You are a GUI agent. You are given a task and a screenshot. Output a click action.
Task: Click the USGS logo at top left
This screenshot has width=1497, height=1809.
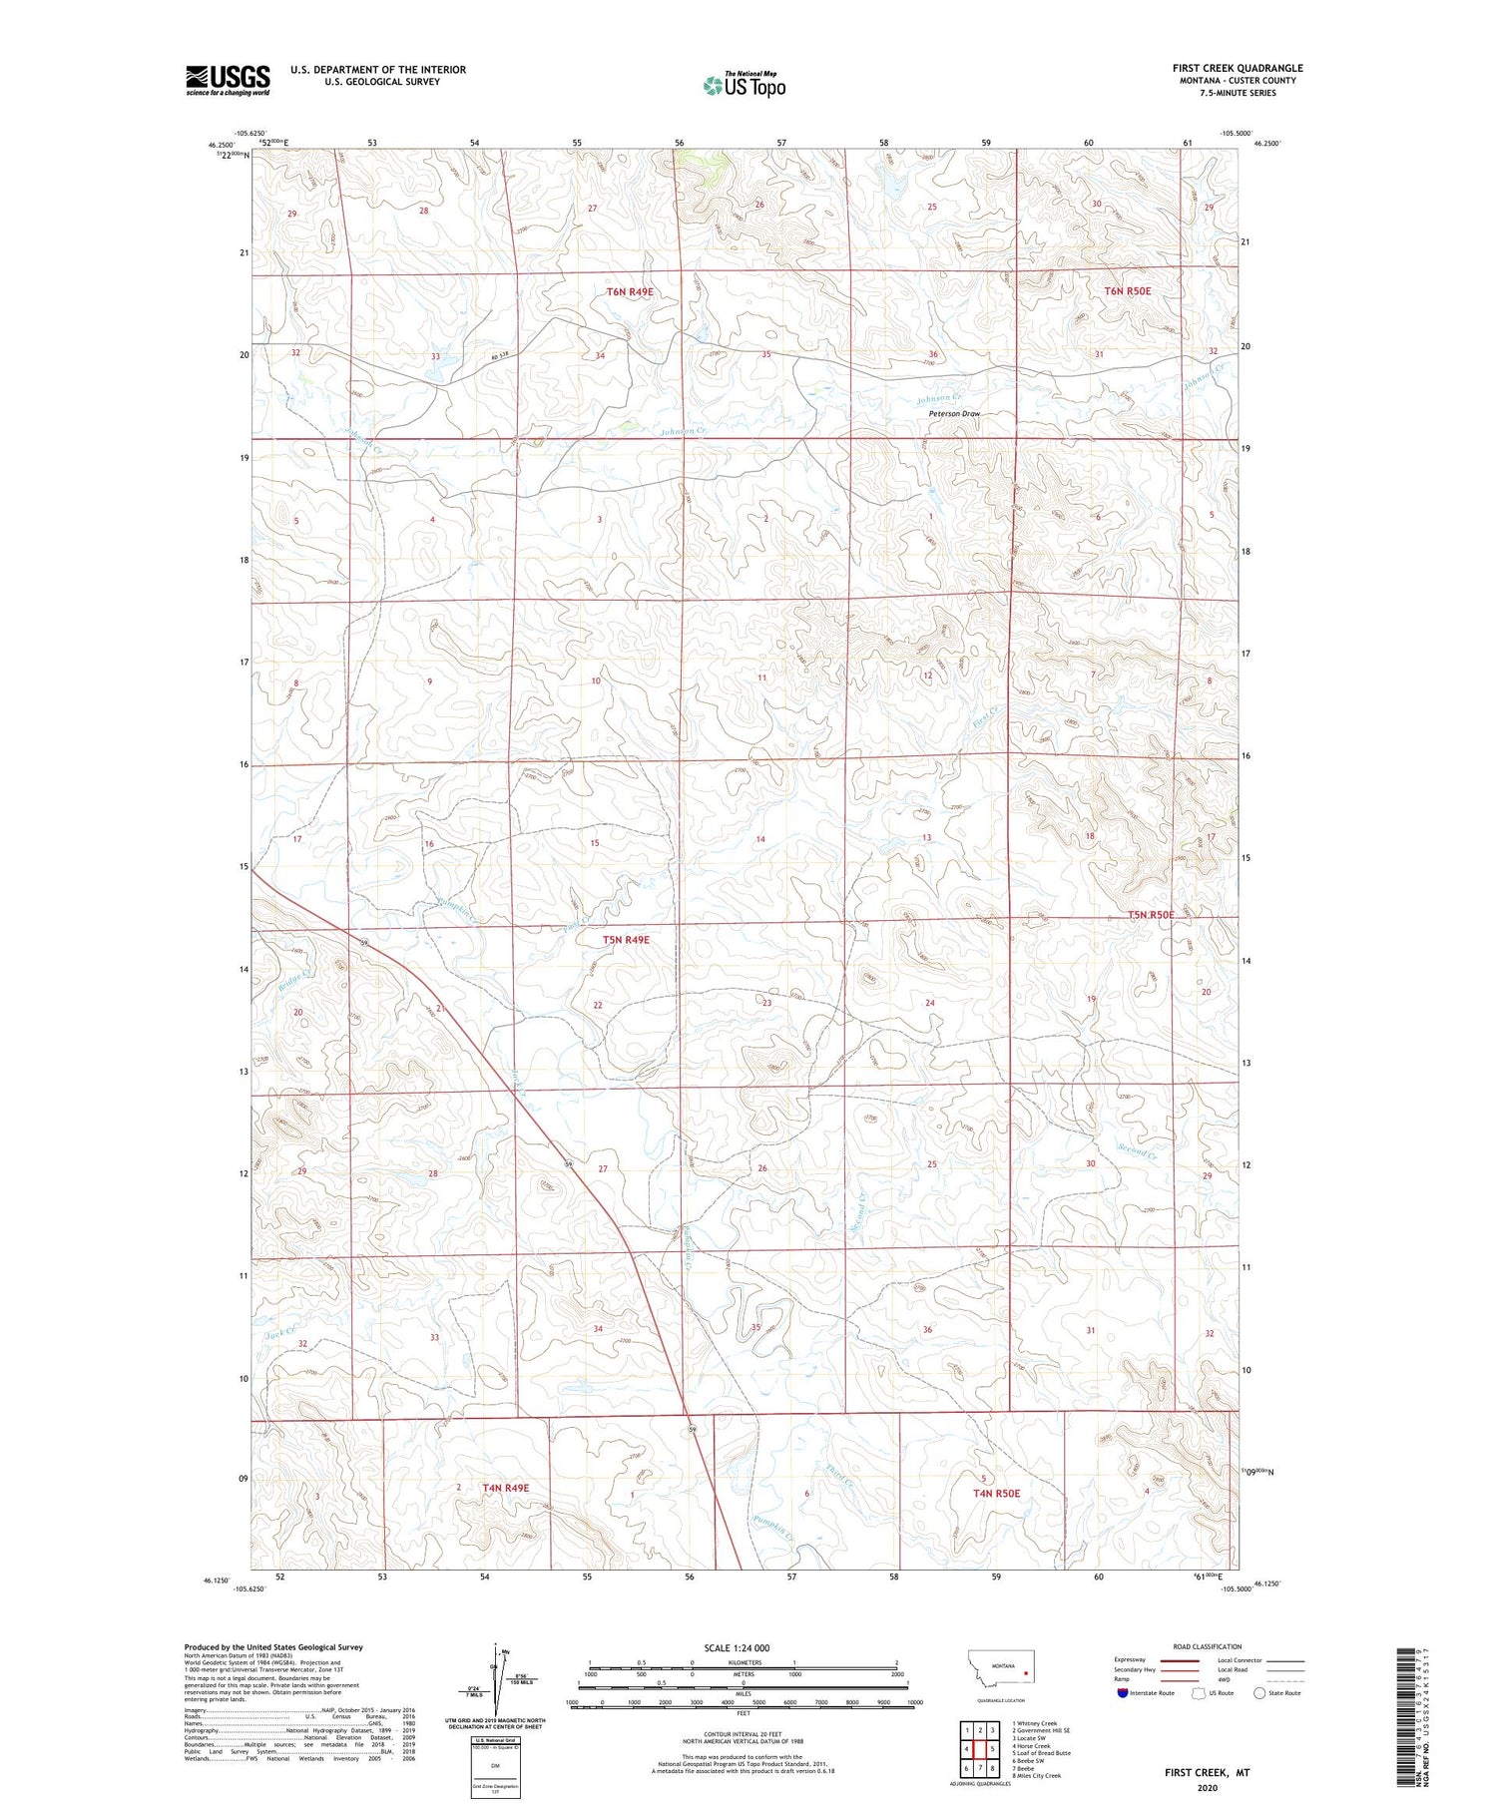click(228, 80)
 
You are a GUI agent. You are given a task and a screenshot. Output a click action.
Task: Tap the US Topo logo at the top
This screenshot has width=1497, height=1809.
click(745, 85)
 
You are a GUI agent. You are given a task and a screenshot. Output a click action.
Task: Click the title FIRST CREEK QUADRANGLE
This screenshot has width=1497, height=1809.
click(1237, 68)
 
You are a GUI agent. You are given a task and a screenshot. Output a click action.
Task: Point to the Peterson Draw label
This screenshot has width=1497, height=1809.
click(954, 413)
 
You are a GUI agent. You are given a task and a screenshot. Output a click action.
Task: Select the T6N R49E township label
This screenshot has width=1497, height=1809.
click(630, 291)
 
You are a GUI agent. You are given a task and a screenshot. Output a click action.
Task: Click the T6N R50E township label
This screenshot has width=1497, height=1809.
click(1127, 291)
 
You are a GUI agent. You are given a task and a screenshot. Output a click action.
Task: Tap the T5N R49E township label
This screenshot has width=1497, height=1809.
click(626, 940)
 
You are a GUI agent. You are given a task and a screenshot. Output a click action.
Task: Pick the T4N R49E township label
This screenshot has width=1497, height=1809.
click(505, 1488)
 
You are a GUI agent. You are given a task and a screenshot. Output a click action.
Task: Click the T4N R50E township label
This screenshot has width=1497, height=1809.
click(996, 1493)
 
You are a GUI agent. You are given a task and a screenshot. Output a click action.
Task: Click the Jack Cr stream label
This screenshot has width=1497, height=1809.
click(280, 1331)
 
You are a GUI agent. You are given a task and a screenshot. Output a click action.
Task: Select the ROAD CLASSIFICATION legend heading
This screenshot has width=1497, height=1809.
click(1208, 1646)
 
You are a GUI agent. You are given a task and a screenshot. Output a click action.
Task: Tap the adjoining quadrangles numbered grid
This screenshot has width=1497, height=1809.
click(980, 1749)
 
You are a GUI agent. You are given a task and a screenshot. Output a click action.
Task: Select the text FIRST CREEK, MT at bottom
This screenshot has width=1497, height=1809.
click(1207, 1772)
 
